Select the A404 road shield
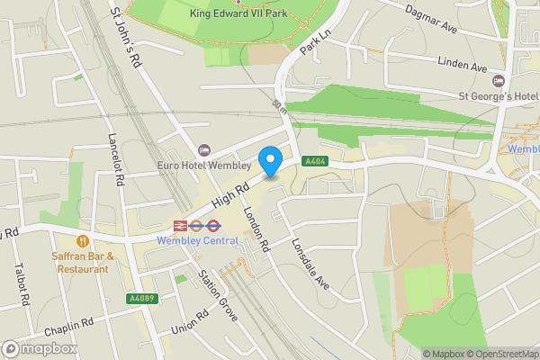314,161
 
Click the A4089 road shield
139,298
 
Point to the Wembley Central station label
197,240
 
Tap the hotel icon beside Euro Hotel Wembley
204,150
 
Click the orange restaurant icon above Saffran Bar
83,241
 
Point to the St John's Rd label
126,39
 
